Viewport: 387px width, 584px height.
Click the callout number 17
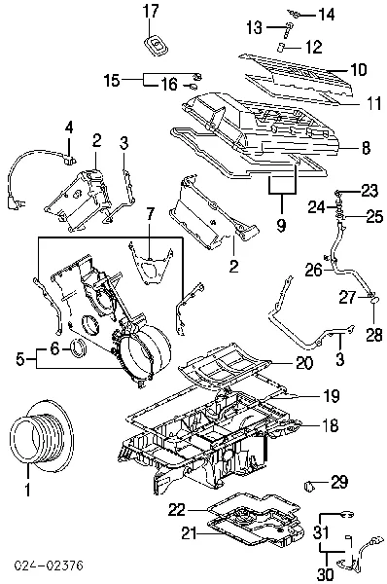pyautogui.click(x=150, y=11)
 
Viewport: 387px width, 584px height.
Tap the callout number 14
pyautogui.click(x=325, y=14)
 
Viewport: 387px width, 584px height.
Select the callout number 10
pyautogui.click(x=358, y=69)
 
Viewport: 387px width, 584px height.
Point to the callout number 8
pyautogui.click(x=365, y=148)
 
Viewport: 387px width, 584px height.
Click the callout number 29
pyautogui.click(x=338, y=481)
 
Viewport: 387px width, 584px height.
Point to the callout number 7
pyautogui.click(x=150, y=212)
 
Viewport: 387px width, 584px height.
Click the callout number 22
pyautogui.click(x=175, y=508)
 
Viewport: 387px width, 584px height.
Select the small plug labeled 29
pyautogui.click(x=312, y=484)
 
